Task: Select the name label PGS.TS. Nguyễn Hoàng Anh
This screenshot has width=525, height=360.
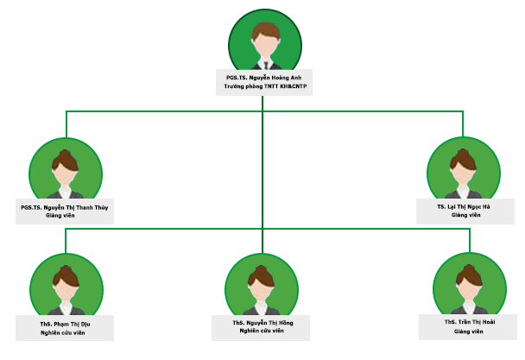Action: tap(264, 78)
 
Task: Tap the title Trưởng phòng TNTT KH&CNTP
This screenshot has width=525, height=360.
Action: tap(264, 87)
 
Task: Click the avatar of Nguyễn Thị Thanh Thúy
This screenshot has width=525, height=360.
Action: tap(66, 171)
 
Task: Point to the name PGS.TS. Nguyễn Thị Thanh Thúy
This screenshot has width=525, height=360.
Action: tap(66, 207)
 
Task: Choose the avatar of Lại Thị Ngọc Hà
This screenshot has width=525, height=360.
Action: tap(464, 169)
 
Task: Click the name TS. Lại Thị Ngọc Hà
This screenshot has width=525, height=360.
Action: tap(464, 207)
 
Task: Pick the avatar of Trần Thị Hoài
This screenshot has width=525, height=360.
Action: tap(469, 286)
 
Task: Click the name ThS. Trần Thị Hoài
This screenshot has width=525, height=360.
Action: tap(469, 321)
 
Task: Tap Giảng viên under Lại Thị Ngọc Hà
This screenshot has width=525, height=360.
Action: tap(464, 216)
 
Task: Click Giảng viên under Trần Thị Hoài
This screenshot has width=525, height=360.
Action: tap(469, 330)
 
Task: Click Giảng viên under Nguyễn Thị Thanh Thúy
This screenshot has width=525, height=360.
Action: tap(66, 216)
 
